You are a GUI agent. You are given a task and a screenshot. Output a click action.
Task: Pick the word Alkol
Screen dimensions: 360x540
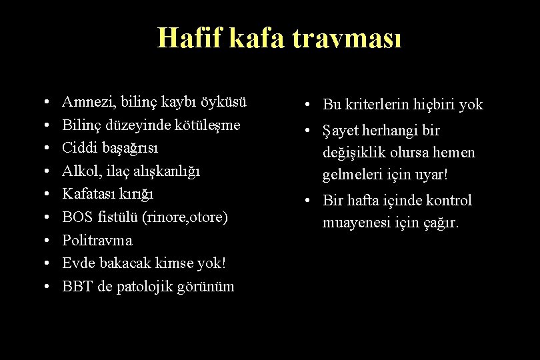click(x=78, y=171)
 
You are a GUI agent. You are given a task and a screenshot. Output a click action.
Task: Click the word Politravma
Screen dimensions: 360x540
click(x=97, y=240)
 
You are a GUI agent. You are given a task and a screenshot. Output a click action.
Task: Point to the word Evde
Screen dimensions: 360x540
click(x=77, y=263)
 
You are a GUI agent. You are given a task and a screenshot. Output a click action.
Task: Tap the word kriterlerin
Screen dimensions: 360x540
click(x=376, y=105)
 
